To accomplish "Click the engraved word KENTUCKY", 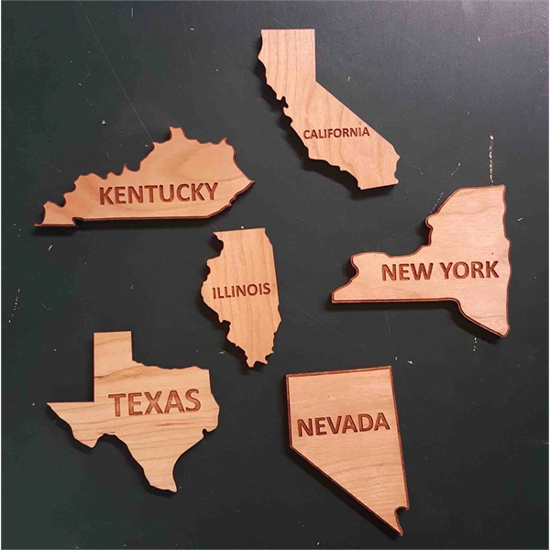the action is coord(159,193).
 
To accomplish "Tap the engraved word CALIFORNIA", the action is coord(336,133).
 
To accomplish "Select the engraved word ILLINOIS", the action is coord(241,291).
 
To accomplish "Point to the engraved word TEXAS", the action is coord(154,401).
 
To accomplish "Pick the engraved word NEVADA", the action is coord(343,423).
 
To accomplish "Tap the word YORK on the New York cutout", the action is coord(468,269).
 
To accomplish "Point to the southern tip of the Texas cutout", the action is coord(169,486).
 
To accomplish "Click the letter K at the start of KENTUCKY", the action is coord(106,195).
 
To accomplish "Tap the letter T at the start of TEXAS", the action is coord(118,402).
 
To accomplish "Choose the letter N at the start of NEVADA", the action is coord(304,426).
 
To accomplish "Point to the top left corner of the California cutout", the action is coord(263,33).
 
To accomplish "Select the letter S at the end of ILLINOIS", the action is coord(266,290).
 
